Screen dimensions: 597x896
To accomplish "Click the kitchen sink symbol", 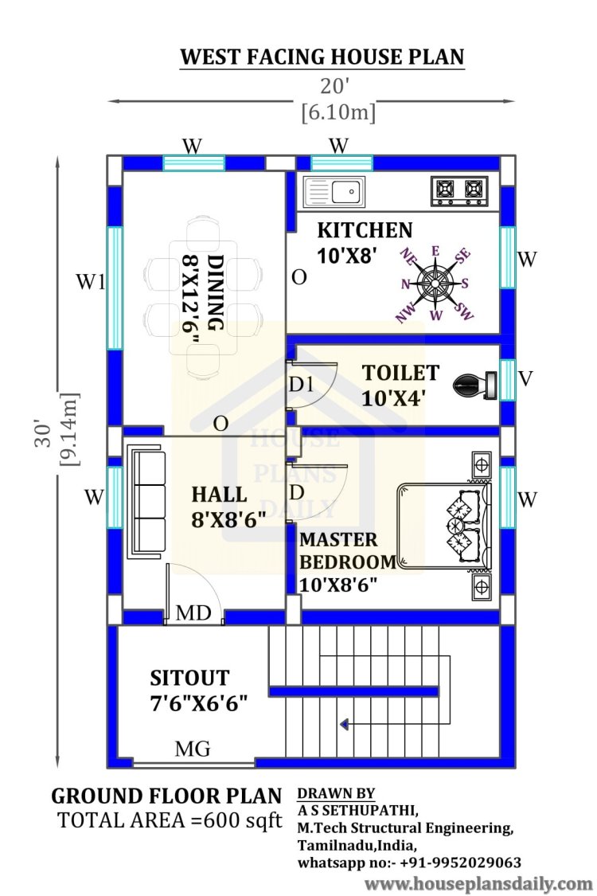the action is pos(334,191).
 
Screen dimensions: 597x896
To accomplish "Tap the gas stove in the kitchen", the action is pos(459,191).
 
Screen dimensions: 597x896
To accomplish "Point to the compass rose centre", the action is pos(435,282).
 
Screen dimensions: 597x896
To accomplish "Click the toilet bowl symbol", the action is pos(474,385).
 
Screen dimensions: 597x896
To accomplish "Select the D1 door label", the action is pos(301,385).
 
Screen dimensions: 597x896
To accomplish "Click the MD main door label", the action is pos(193,612).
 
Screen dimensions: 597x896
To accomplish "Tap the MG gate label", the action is pos(193,748).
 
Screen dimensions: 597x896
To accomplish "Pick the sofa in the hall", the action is pos(149,503).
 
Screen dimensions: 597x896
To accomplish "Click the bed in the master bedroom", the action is pos(444,526).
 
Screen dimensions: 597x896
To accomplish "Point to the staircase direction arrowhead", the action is pos(344,725).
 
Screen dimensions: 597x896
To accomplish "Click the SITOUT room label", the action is pos(189,678).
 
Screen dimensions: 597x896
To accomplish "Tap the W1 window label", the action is pos(91,281).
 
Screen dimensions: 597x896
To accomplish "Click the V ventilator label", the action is pos(525,378).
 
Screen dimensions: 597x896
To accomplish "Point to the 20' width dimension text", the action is pos(334,86).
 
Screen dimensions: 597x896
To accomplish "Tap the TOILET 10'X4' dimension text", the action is pos(393,397).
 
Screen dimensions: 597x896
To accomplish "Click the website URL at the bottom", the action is pos(478,883).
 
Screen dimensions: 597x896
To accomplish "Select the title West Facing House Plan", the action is pos(322,57).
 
